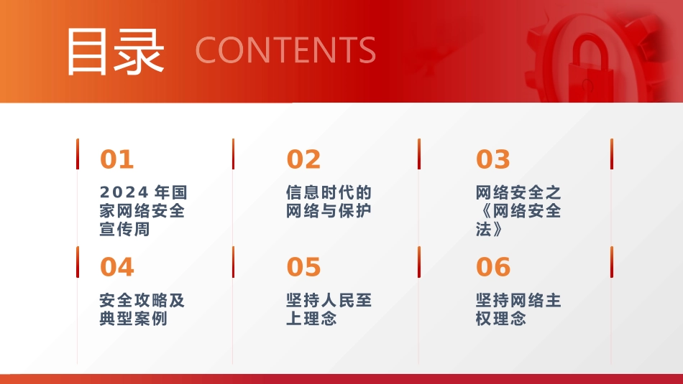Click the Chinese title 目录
pos(115,51)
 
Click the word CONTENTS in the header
pos(285,50)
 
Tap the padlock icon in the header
pos(591,68)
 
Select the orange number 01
pos(117,159)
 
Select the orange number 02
pos(303,159)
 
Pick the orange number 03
pos(493,159)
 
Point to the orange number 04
pos(117,267)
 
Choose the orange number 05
pos(303,267)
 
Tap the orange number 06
pos(493,267)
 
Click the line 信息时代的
pos(329,192)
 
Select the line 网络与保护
pos(329,211)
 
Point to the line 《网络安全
pos(518,211)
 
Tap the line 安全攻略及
pos(142,300)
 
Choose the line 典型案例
pos(134,319)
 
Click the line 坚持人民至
pos(329,300)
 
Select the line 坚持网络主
pos(518,300)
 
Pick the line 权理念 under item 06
pos(501,319)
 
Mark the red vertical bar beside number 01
pos(78,154)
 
